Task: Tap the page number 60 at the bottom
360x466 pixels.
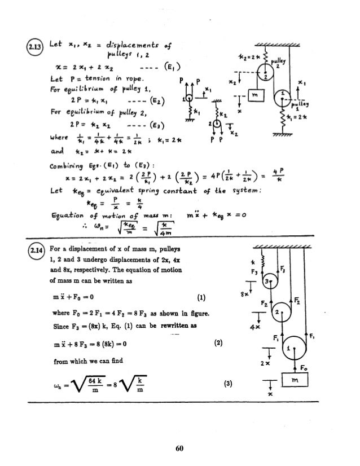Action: [x=180, y=448]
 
